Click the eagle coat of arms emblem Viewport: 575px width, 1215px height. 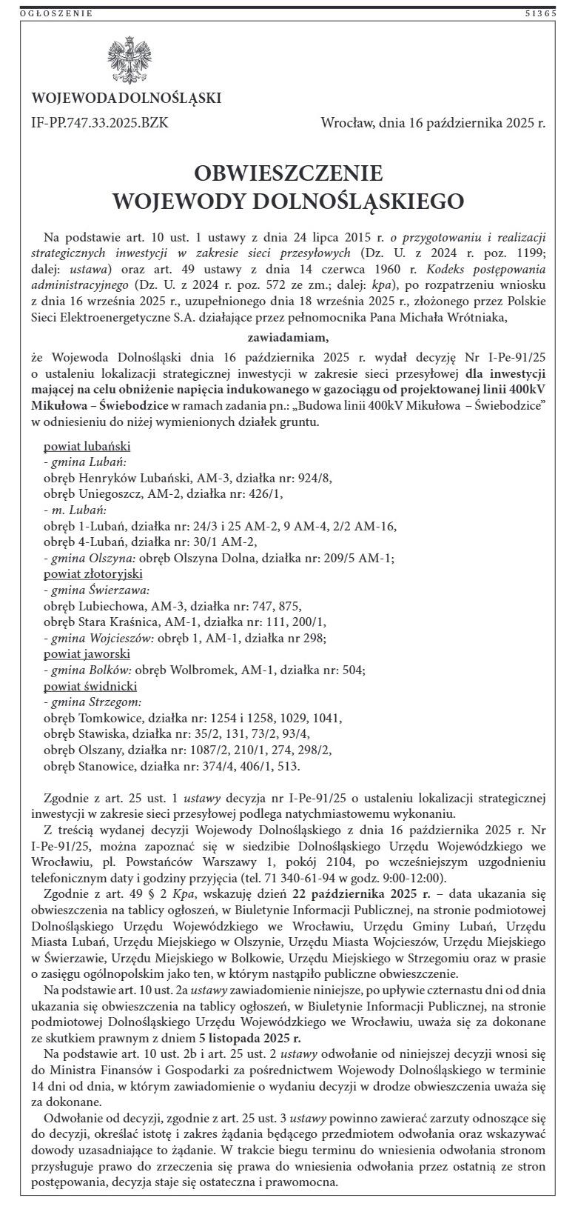tap(127, 60)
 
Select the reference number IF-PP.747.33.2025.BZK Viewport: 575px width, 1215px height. tap(100, 123)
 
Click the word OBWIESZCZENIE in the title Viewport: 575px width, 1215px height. tap(288, 173)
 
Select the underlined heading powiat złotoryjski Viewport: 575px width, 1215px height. tap(93, 574)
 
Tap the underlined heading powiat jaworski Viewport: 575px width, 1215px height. tap(87, 654)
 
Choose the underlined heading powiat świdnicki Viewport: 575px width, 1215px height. tap(90, 687)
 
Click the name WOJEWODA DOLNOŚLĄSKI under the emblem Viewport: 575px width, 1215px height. tap(127, 99)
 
